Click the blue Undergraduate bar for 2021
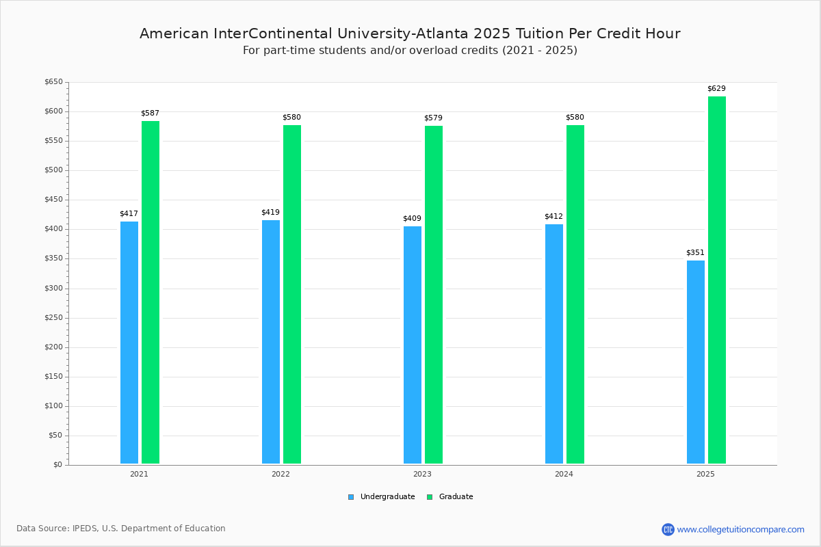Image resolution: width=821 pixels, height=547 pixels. (x=129, y=343)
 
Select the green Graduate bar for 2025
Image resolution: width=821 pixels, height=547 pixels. (x=717, y=280)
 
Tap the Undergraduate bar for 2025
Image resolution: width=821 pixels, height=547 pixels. (x=696, y=362)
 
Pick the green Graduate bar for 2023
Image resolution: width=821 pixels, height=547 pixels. (x=434, y=295)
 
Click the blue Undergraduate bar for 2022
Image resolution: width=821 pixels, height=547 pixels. (x=271, y=342)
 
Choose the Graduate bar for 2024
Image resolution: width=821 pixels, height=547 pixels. (x=575, y=294)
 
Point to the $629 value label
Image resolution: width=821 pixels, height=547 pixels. (x=716, y=89)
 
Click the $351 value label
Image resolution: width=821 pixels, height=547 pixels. (x=695, y=253)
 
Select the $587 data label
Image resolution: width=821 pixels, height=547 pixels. (x=150, y=114)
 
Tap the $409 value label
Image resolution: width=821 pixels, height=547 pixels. (x=412, y=219)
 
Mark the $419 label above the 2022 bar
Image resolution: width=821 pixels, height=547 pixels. (x=270, y=213)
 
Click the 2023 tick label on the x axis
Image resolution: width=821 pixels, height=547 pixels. (x=422, y=474)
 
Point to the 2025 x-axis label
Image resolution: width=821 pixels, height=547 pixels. (x=705, y=474)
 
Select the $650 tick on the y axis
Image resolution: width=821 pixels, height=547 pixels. (x=53, y=82)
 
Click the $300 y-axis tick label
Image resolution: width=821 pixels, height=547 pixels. (x=53, y=289)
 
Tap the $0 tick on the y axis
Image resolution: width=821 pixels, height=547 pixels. (x=57, y=465)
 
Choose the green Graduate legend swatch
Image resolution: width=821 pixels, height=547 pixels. (x=430, y=497)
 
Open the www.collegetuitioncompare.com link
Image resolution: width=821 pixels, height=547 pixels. (x=740, y=529)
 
